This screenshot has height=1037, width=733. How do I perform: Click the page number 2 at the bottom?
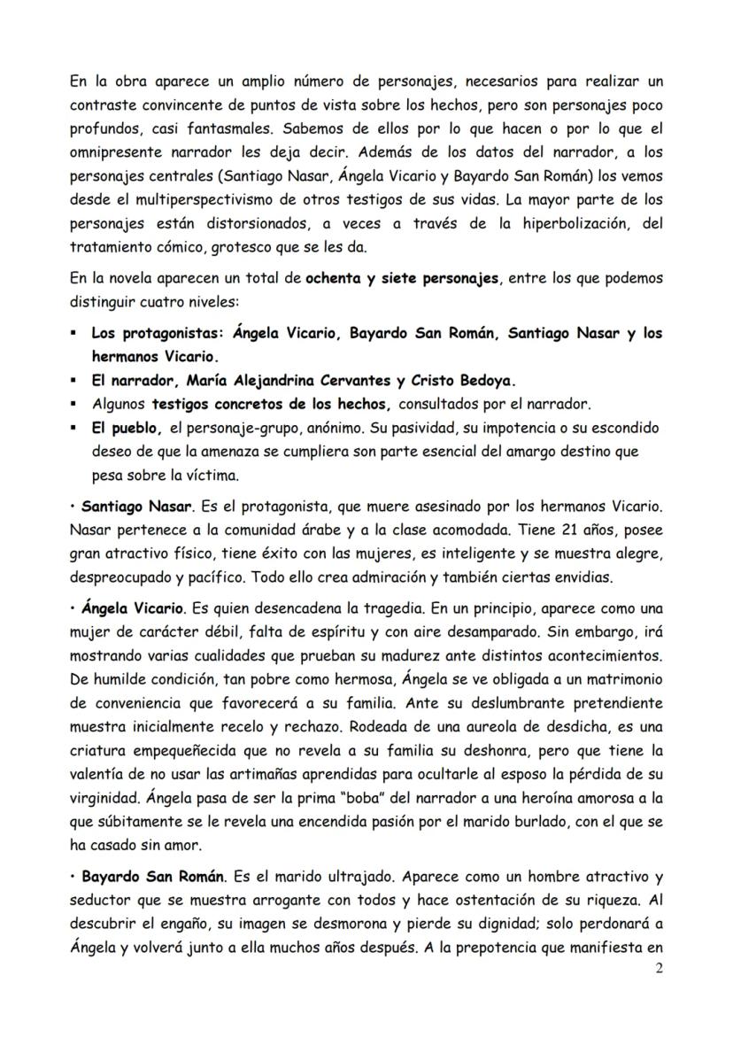tap(658, 968)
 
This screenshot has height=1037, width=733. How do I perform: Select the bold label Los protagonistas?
tap(158, 334)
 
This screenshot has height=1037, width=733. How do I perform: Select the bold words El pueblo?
tap(123, 428)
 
